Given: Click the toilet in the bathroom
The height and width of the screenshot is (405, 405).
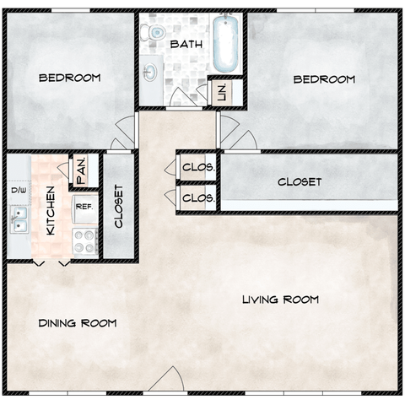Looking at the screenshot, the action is [153, 32].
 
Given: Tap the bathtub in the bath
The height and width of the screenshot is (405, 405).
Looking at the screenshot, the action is [225, 44].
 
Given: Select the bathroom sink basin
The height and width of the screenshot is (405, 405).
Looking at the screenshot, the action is [150, 72].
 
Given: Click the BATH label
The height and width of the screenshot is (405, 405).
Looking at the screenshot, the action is [186, 45].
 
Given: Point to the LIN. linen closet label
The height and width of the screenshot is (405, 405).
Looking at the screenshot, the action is [222, 93].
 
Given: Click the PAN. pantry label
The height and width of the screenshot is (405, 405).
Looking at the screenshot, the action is [81, 171].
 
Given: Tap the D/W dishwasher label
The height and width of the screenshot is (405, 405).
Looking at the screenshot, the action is [19, 191].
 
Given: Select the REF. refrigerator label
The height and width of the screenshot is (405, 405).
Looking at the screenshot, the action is [84, 207].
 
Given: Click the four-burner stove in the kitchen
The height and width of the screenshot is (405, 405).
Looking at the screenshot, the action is [85, 241].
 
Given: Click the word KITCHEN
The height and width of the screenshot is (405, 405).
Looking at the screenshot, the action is [51, 211].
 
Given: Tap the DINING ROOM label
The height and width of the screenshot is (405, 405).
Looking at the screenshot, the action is [78, 323].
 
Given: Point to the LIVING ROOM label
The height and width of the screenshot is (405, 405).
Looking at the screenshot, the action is [280, 300].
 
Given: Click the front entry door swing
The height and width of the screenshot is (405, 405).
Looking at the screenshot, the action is [169, 378].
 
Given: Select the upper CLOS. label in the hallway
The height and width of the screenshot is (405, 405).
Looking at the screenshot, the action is [198, 167].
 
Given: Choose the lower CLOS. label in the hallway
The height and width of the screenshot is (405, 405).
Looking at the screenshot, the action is [198, 198].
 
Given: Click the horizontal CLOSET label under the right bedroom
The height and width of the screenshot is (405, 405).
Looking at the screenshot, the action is [300, 182].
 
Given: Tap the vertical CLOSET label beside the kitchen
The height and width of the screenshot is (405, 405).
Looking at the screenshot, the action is [119, 206].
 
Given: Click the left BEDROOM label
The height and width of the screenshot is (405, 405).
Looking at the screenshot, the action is [70, 78].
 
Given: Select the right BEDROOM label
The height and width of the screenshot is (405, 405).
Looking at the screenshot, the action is [324, 79].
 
